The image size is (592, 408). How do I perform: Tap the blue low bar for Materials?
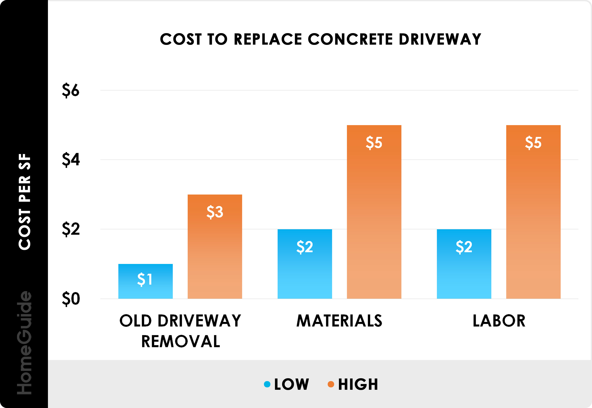pyautogui.click(x=305, y=271)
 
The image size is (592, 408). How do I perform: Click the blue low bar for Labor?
pyautogui.click(x=464, y=271)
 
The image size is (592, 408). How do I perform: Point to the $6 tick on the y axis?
pyautogui.click(x=71, y=90)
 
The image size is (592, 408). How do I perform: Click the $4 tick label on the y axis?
pyautogui.click(x=71, y=160)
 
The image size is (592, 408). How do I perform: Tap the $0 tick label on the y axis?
pyautogui.click(x=71, y=299)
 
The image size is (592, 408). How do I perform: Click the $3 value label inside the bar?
pyautogui.click(x=215, y=212)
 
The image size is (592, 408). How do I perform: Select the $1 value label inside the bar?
pyautogui.click(x=145, y=279)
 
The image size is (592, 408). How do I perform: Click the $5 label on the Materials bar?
pyautogui.click(x=374, y=142)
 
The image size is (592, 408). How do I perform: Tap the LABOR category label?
pyautogui.click(x=499, y=321)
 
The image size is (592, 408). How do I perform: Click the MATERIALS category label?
pyautogui.click(x=339, y=321)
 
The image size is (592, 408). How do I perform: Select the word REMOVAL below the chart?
pyautogui.click(x=180, y=342)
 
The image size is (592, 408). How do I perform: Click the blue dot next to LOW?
pyautogui.click(x=267, y=384)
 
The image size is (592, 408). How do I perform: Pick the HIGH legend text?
pyautogui.click(x=358, y=384)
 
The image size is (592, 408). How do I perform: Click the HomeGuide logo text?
pyautogui.click(x=24, y=342)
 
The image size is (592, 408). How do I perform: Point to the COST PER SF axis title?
pyautogui.click(x=24, y=202)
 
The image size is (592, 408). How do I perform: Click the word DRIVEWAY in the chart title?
pyautogui.click(x=440, y=39)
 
